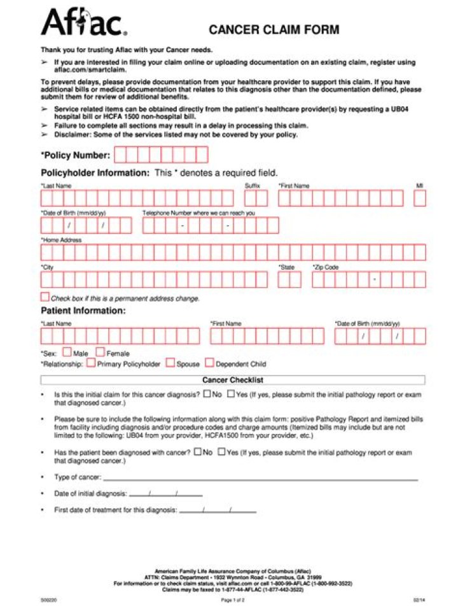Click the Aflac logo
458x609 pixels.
(x=83, y=24)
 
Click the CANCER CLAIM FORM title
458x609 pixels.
(x=274, y=30)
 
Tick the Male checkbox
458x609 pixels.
(x=67, y=352)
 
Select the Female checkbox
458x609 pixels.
(x=101, y=352)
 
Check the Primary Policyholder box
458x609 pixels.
(x=91, y=363)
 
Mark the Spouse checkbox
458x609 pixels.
(x=170, y=363)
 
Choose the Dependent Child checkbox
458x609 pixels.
(x=209, y=363)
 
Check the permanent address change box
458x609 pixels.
(x=45, y=297)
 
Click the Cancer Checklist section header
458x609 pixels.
(x=232, y=380)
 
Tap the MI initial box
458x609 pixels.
(x=420, y=199)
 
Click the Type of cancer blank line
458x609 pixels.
(x=260, y=478)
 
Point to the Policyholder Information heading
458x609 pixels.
(x=95, y=173)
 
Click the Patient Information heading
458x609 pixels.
(x=83, y=311)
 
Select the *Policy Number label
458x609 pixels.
(x=75, y=155)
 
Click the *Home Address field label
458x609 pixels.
(x=61, y=240)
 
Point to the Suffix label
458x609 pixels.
(x=253, y=185)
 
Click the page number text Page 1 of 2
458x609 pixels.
(x=233, y=599)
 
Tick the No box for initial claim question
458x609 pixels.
(x=207, y=394)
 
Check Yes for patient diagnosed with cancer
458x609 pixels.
(x=221, y=452)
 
